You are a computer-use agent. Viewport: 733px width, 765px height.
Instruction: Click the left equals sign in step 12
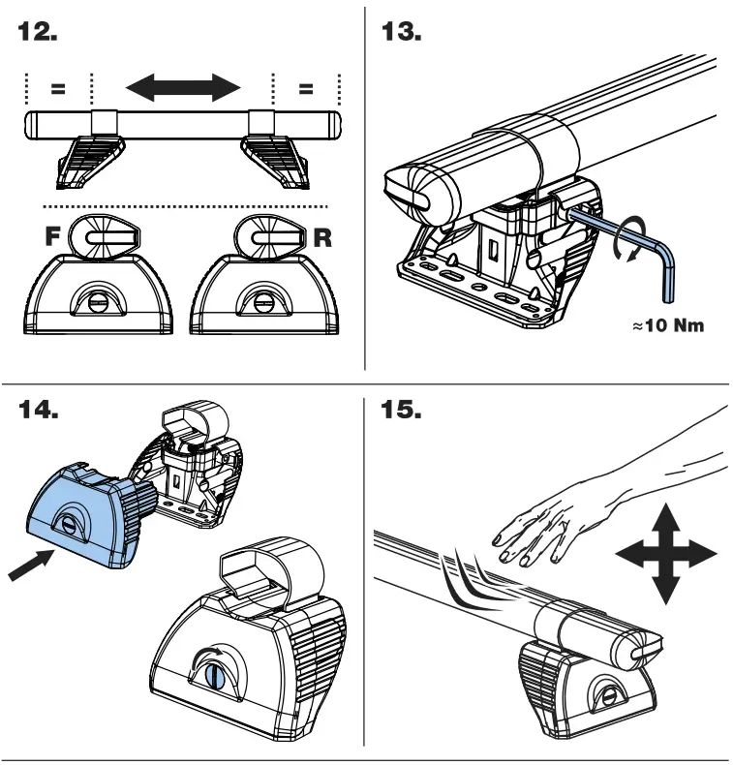[58, 89]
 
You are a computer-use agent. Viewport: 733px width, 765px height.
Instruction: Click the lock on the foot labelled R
[261, 296]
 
